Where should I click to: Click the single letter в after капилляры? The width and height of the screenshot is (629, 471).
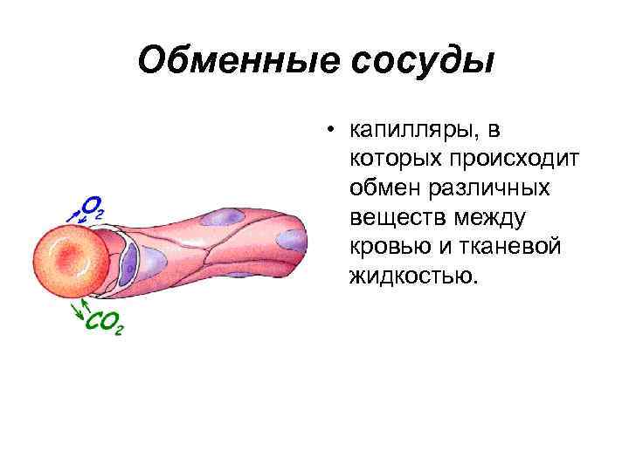coord(495,132)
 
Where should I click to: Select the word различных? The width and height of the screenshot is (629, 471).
coord(487,188)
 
